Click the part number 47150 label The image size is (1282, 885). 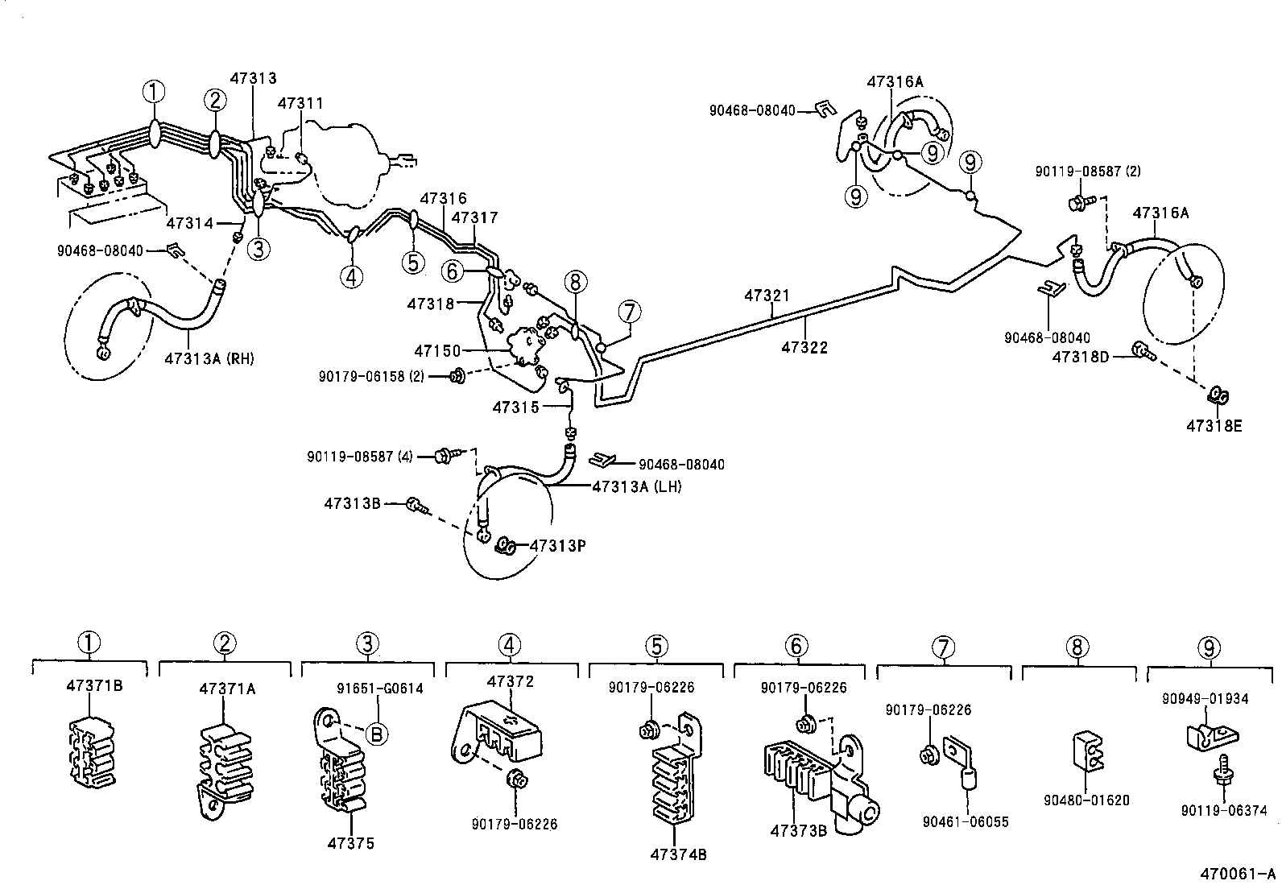(437, 350)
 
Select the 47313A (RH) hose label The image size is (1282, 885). (209, 358)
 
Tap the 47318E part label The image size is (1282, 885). (1214, 426)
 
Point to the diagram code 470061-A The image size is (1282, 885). (1238, 874)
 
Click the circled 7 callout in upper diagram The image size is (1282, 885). (629, 312)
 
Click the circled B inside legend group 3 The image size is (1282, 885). (375, 733)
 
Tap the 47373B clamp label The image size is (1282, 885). (798, 830)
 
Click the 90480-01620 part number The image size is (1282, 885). (1086, 800)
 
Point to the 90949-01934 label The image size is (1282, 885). (1205, 698)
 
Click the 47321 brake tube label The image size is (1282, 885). (767, 296)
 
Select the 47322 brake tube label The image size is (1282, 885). (804, 347)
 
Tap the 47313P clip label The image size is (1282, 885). (557, 545)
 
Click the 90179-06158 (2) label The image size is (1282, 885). (371, 375)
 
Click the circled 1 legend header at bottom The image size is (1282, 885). (89, 643)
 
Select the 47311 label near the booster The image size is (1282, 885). (300, 103)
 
